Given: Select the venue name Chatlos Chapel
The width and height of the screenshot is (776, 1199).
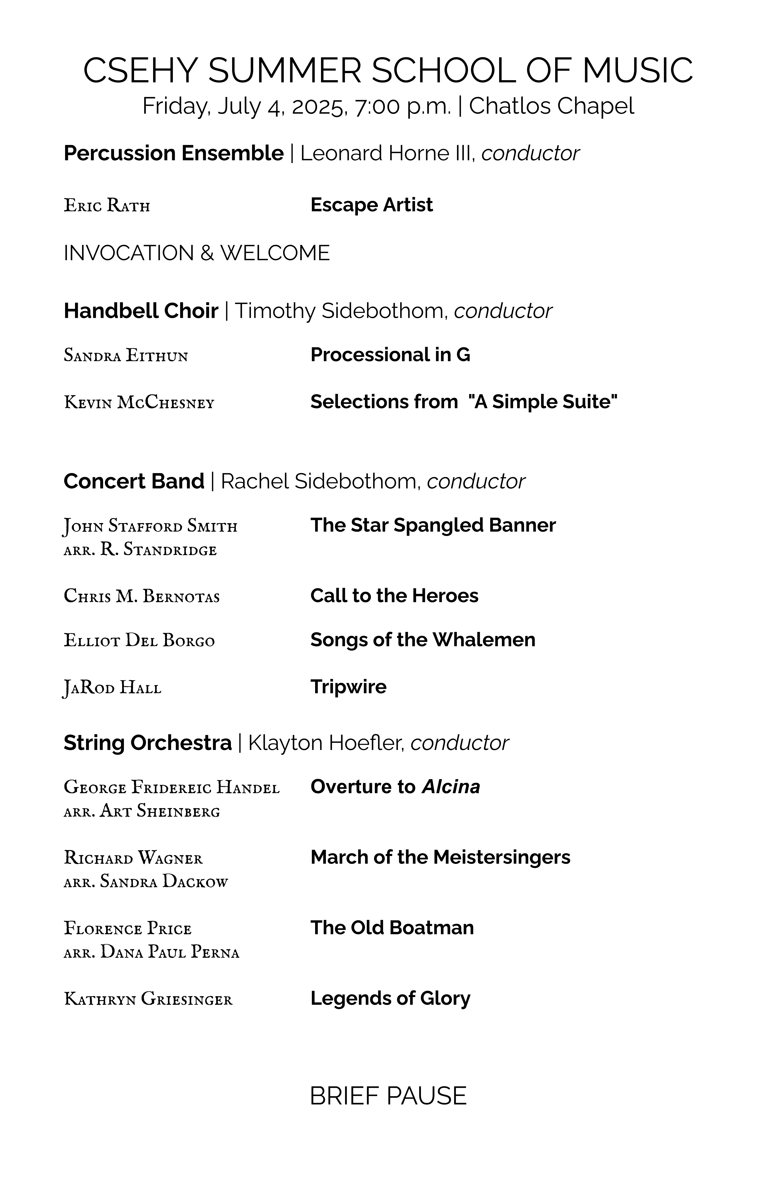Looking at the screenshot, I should coord(551,106).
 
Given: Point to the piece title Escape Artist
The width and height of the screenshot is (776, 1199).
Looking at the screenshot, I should coord(371,205).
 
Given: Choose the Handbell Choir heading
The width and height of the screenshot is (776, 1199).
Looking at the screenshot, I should coord(141,311).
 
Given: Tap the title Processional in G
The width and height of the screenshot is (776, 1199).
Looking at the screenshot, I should coord(390,355).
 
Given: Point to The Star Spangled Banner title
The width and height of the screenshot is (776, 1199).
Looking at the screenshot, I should coord(433,525).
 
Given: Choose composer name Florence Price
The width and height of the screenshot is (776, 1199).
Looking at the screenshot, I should coord(127,928).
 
